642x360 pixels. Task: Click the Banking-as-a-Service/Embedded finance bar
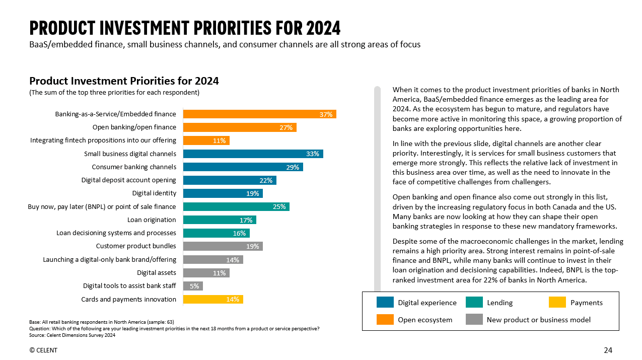259,114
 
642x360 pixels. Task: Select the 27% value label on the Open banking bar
286,127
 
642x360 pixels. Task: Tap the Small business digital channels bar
253,154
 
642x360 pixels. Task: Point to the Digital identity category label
154,193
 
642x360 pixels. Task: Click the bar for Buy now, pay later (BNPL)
236,206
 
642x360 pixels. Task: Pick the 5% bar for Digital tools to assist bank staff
193,286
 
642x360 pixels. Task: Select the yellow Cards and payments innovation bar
213,299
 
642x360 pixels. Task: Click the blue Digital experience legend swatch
385,302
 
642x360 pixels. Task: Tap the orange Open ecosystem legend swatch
385,319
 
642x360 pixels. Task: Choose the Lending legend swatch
474,302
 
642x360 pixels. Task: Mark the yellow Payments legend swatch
557,302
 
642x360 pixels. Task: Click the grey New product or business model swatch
474,319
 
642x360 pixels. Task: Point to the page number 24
608,350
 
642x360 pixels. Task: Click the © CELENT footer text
43,350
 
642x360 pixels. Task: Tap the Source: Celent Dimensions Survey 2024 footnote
73,335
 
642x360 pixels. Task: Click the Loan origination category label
152,220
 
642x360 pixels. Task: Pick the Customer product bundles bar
223,246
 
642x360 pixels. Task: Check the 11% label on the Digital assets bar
219,273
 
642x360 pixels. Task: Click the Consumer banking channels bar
243,167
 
